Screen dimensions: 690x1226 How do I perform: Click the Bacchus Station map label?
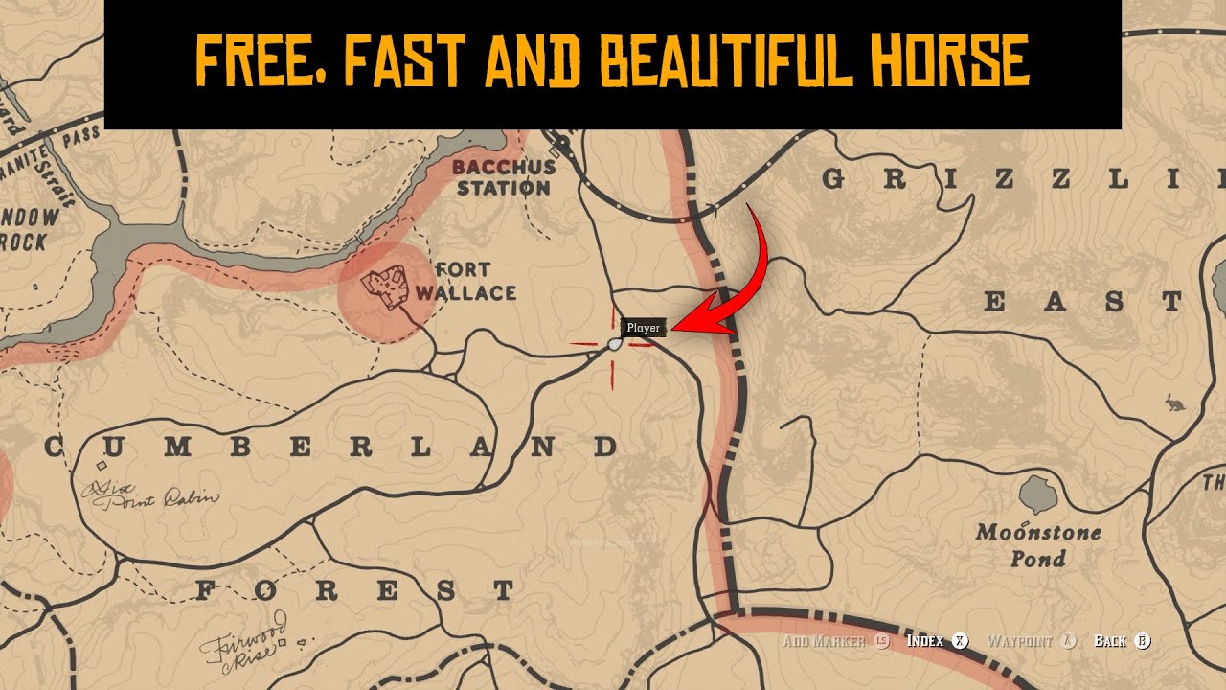coord(503,177)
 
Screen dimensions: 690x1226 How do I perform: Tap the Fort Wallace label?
coord(475,282)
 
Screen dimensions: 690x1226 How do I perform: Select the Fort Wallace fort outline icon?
coord(387,287)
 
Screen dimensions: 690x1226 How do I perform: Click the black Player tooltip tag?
coord(644,328)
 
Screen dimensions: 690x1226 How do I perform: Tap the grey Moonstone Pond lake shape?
coord(1037,494)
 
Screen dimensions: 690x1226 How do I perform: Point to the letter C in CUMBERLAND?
coord(54,447)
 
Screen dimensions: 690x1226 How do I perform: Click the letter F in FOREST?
coord(204,590)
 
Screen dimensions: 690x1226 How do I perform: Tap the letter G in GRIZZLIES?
coord(833,179)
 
